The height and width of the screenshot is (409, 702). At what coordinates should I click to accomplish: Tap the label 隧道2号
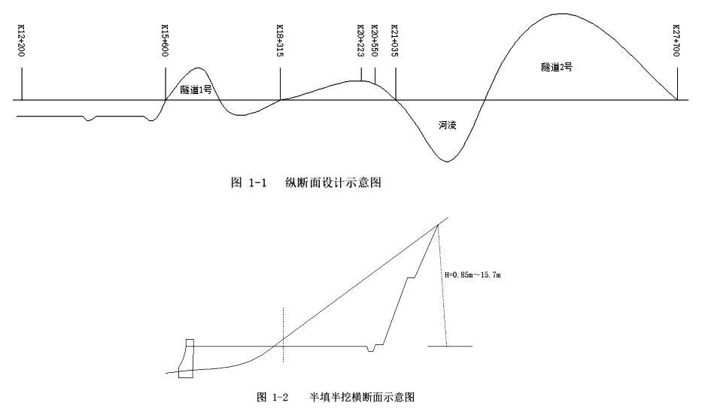[557, 66]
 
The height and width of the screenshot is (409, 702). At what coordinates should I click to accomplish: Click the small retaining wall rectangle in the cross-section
[187, 359]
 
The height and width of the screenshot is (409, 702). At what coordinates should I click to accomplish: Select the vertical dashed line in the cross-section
[284, 331]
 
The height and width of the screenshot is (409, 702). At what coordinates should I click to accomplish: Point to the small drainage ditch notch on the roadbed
[369, 349]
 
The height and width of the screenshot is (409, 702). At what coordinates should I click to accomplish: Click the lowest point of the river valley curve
[447, 161]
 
